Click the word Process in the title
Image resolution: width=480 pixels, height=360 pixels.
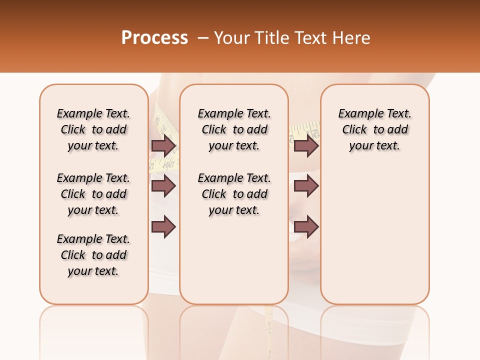tap(154, 38)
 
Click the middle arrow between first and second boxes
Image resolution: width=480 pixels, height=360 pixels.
tap(163, 186)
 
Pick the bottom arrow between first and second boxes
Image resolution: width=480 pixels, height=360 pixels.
tap(163, 226)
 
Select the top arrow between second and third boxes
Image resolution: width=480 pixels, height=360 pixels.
tap(306, 145)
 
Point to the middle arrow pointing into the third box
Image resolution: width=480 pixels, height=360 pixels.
tap(306, 186)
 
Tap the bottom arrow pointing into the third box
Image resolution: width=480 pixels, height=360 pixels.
tap(306, 226)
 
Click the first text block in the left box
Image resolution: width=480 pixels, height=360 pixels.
tap(93, 129)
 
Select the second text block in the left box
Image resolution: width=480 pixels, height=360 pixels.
tap(93, 194)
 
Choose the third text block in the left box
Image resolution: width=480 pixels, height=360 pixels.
tap(93, 255)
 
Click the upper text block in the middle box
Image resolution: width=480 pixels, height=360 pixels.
tap(234, 129)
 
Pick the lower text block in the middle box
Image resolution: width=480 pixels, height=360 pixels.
tap(234, 194)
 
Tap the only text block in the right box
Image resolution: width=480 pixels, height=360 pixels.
tap(374, 129)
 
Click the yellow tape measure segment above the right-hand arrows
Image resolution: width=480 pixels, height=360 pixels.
tap(304, 128)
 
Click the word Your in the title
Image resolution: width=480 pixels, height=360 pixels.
tap(232, 38)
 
